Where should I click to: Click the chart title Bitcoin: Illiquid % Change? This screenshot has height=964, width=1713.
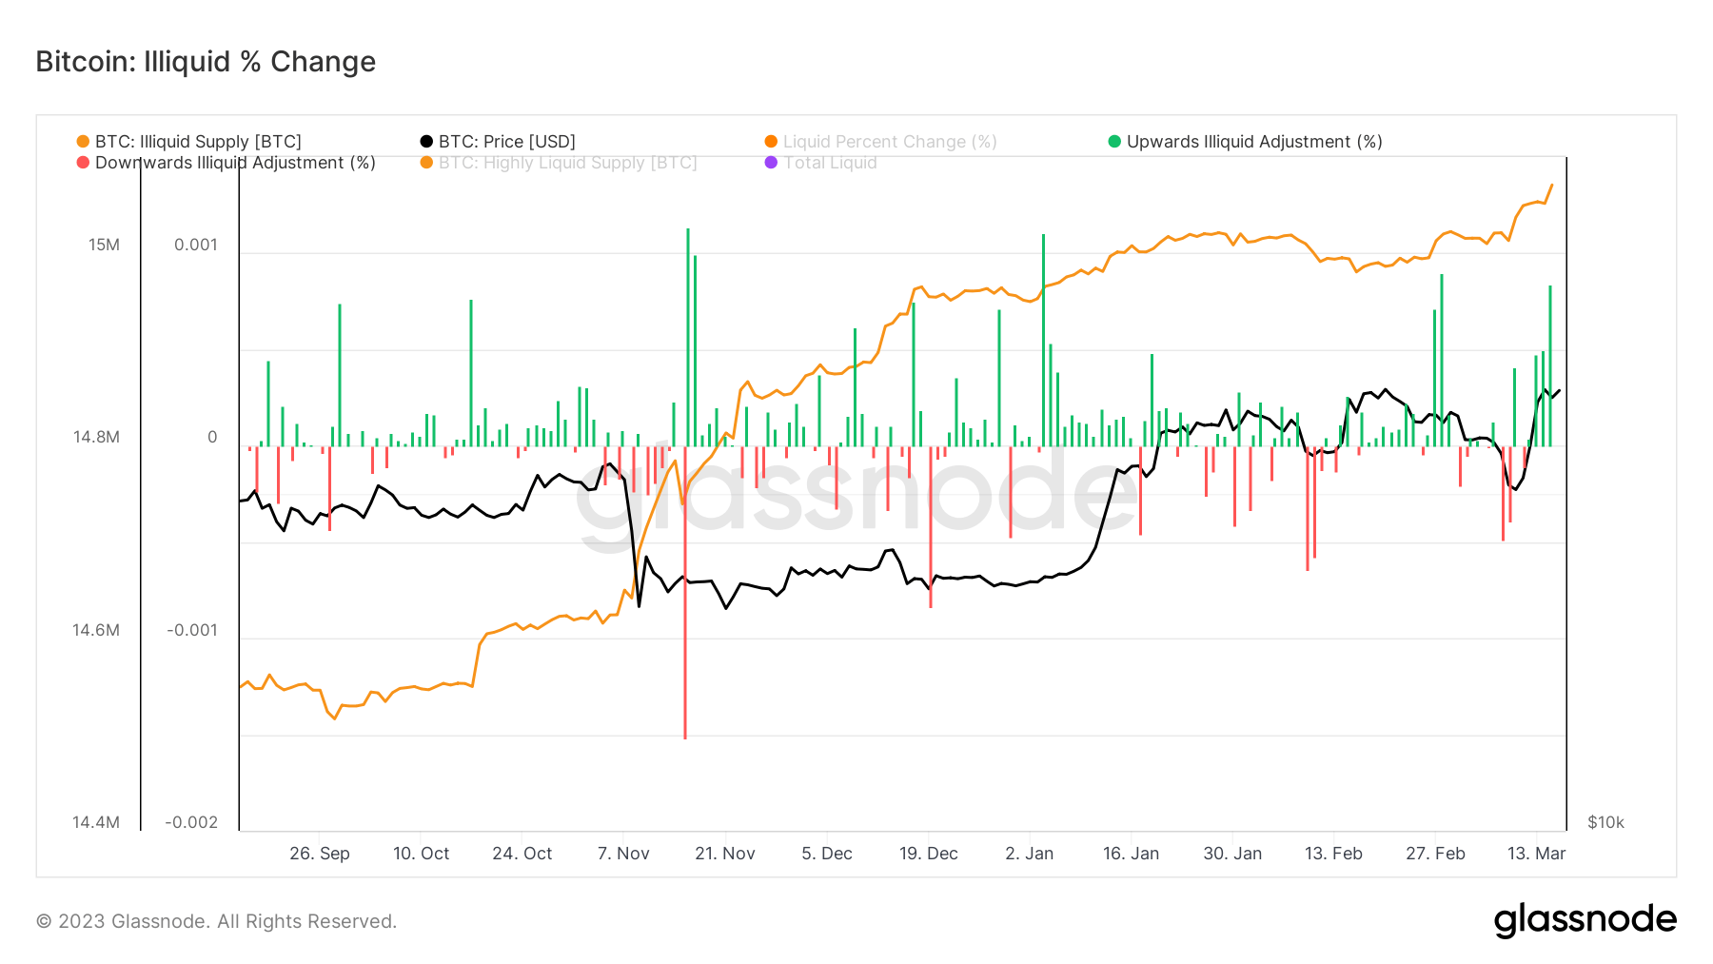coord(206,62)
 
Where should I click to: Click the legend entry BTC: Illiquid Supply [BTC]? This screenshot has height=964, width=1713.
coord(197,142)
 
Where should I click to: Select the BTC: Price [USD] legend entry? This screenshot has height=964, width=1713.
coord(506,142)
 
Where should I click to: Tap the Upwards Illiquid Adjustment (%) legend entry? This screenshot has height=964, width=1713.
coord(1253,142)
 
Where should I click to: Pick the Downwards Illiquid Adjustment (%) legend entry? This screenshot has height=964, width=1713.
coord(234,163)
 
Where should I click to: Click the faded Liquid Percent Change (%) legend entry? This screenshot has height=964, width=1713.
coord(889,142)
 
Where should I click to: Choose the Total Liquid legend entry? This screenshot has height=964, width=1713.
coord(829,163)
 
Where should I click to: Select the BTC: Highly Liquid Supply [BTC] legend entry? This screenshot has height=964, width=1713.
coord(567,163)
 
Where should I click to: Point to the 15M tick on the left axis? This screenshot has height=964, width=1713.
coord(105,246)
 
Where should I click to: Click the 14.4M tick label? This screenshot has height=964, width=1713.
coord(96,822)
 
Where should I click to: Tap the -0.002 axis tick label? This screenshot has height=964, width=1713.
coord(191,822)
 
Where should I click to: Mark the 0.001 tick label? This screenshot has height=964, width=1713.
coord(196,246)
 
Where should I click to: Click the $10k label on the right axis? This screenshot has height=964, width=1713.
coord(1605,822)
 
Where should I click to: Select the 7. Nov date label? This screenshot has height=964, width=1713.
coord(623,854)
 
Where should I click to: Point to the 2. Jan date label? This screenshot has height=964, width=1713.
coord(1030,854)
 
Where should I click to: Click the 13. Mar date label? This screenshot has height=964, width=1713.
coord(1536,854)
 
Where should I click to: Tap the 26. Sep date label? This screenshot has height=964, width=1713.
coord(320,854)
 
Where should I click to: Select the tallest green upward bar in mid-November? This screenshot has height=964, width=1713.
coord(688,333)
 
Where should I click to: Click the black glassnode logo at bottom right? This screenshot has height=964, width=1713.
coord(1585,920)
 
